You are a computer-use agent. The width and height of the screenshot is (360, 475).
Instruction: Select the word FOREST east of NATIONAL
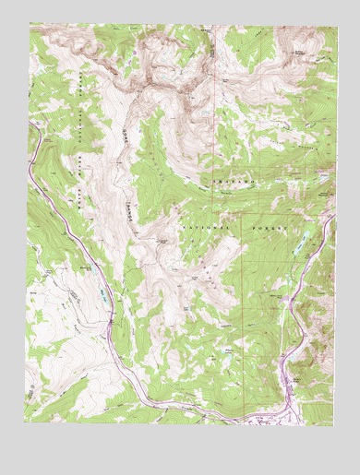point(268,225)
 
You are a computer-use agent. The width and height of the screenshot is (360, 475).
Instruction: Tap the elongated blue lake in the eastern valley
point(300,244)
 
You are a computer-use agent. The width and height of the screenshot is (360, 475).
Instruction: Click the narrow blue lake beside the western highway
point(103,297)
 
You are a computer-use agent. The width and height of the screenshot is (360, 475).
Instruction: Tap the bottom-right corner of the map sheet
point(334,426)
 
